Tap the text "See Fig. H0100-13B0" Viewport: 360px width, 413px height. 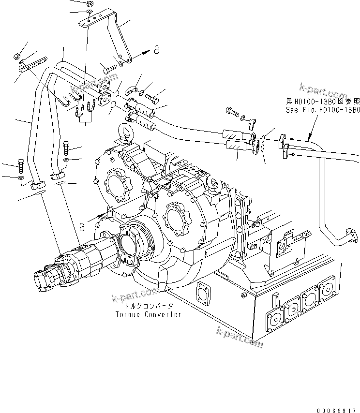(x=323, y=110)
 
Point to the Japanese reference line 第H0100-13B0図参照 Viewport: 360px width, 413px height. (x=323, y=102)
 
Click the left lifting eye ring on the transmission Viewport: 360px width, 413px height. (x=123, y=133)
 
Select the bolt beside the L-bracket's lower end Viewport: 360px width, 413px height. (x=110, y=69)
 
